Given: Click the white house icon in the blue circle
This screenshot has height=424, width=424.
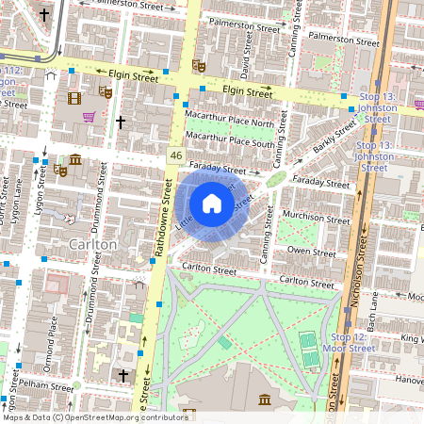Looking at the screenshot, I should (x=212, y=203).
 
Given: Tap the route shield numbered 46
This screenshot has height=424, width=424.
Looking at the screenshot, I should (x=175, y=154).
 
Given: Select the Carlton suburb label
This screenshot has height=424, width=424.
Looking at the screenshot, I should (x=92, y=244).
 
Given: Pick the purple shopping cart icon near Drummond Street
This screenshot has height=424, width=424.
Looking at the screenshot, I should (x=89, y=118).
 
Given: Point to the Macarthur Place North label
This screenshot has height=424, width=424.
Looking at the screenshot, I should (x=230, y=122).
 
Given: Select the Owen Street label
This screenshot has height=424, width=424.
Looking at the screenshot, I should (x=311, y=253).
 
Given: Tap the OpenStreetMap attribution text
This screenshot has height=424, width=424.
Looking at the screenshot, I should (x=95, y=416).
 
